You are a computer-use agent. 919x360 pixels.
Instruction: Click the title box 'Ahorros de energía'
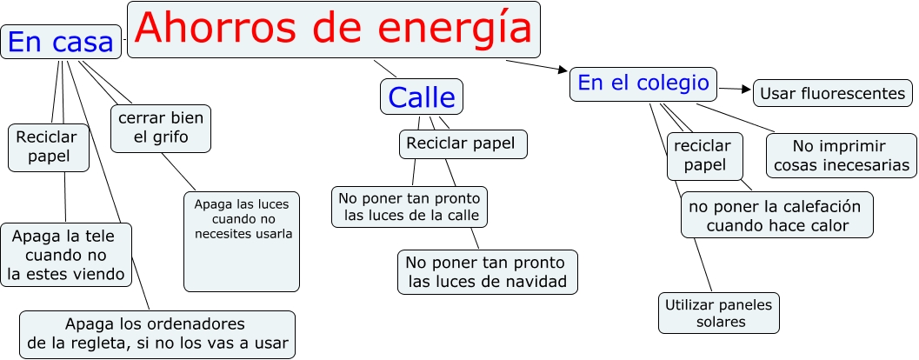point(334,30)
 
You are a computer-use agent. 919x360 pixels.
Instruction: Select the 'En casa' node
point(61,41)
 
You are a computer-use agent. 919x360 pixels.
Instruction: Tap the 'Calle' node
point(422,97)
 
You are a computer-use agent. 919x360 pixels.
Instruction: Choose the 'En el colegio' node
point(643,83)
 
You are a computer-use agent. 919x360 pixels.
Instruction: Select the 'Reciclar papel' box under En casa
point(47,147)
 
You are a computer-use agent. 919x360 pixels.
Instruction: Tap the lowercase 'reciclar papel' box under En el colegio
point(704,156)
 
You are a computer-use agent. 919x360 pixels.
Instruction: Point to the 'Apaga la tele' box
point(66,255)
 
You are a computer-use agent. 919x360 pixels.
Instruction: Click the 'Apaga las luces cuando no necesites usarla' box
point(242,241)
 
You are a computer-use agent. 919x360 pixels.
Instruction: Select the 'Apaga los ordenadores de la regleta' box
point(157,334)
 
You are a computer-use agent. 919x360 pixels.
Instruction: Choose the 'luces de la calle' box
point(410,206)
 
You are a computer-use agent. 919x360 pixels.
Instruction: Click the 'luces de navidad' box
point(487,271)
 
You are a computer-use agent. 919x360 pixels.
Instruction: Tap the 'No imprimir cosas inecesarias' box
point(841,155)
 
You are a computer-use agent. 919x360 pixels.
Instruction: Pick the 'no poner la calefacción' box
point(776,215)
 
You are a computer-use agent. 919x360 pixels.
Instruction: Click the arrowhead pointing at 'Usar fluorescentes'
point(746,89)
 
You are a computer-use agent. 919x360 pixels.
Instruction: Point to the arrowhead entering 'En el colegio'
point(563,69)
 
